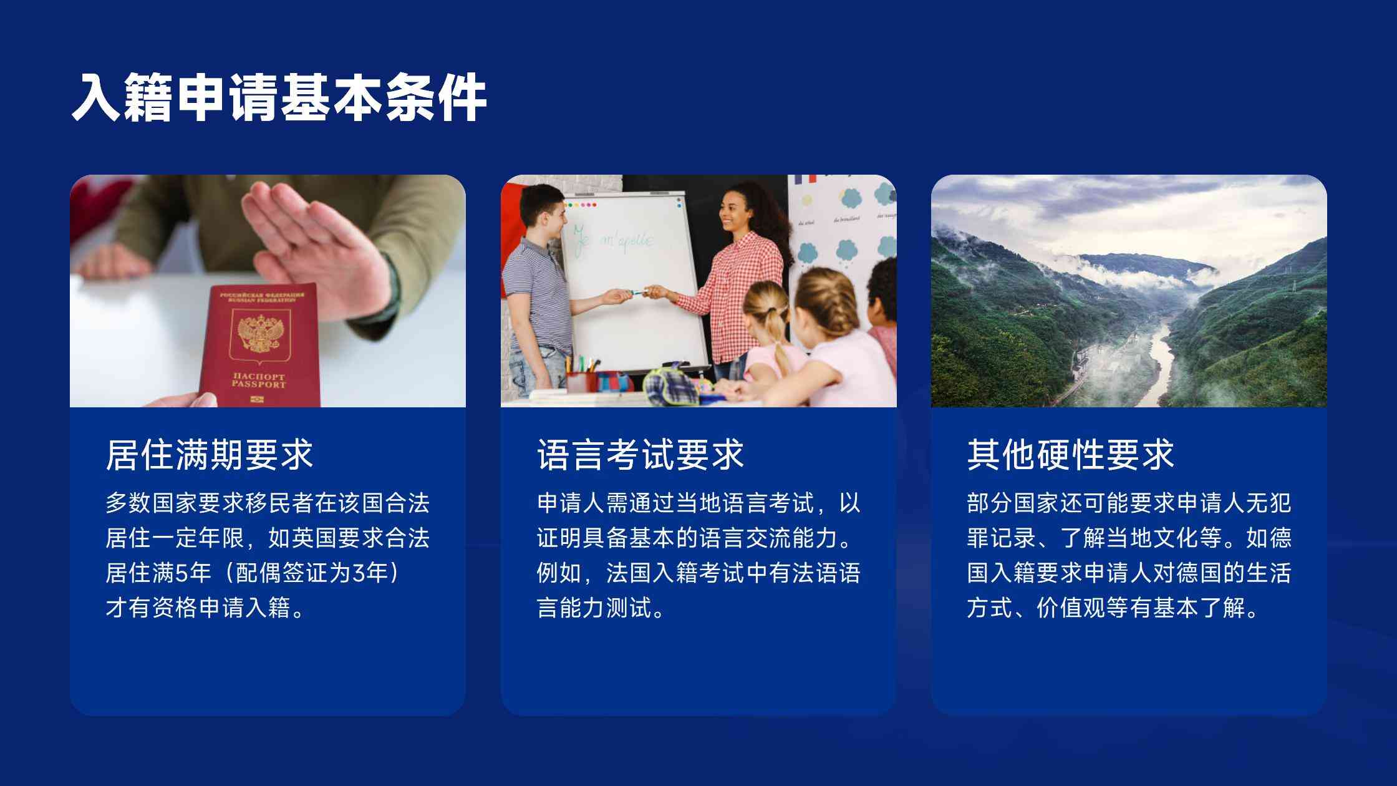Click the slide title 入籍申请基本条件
point(279,97)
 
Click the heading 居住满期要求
point(209,454)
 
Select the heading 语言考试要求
point(640,454)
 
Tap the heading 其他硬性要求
point(1071,454)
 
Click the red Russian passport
point(259,346)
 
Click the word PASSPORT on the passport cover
point(259,385)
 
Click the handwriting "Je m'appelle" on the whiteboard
point(614,240)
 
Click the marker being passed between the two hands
point(636,291)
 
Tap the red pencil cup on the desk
point(581,382)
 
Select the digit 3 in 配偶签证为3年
point(359,573)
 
